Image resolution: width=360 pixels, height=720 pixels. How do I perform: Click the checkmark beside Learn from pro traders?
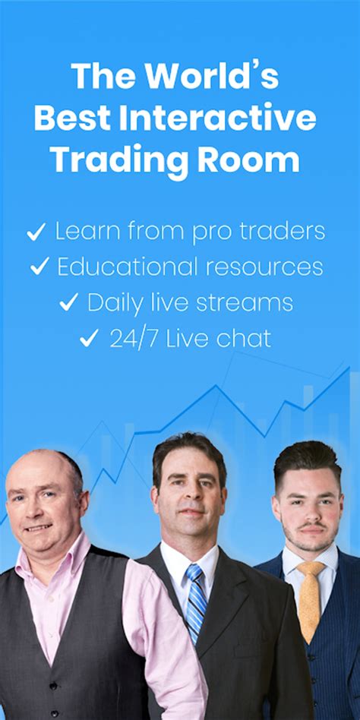click(36, 232)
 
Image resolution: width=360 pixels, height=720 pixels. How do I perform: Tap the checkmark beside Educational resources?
click(39, 267)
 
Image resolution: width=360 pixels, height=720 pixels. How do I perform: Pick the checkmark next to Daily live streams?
click(69, 302)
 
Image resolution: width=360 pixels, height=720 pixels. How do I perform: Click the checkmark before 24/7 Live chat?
click(89, 338)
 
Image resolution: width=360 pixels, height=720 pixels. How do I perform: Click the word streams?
click(248, 303)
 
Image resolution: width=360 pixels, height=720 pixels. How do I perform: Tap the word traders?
click(282, 232)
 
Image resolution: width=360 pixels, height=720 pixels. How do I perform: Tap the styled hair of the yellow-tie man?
click(307, 460)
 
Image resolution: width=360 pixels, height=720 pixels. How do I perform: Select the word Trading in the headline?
click(119, 162)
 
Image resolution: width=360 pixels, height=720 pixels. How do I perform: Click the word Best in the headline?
click(72, 118)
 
